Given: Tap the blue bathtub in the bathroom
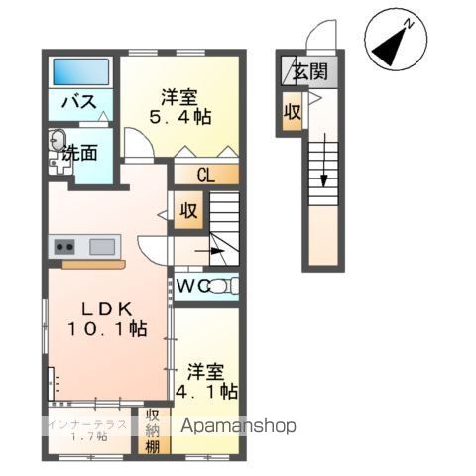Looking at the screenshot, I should coord(81,71).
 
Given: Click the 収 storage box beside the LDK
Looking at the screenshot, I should coord(187,210).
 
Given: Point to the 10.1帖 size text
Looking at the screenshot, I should coord(107,327).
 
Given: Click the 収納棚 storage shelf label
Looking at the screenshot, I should coord(154,430).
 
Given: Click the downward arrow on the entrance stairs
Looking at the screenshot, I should coord(323,178).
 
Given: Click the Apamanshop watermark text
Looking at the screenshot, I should coord(237,426).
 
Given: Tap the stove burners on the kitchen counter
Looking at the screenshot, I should coord(64,246).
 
